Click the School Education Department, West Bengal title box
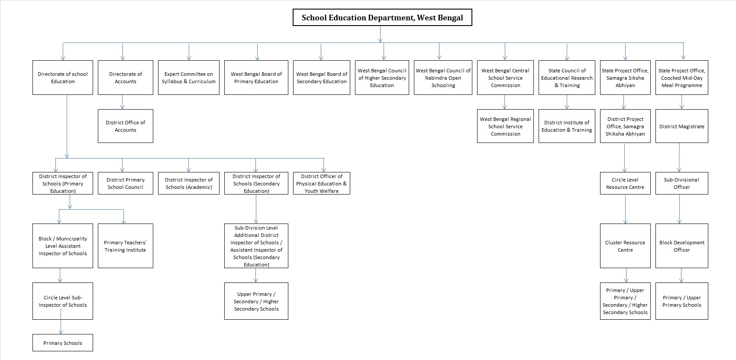[382, 18]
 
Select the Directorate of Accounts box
[125, 78]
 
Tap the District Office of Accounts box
[125, 126]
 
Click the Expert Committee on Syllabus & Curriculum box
[189, 78]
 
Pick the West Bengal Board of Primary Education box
[256, 78]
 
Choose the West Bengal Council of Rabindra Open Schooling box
[443, 78]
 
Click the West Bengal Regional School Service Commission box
[505, 126]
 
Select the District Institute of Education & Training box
[567, 126]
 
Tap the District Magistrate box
[681, 126]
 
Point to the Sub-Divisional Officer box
[681, 183]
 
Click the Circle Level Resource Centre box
[625, 183]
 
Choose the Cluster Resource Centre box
[625, 246]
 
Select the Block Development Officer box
[681, 246]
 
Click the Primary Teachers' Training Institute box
[125, 246]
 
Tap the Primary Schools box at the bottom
[63, 343]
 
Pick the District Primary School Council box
[125, 183]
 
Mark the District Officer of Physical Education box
[321, 183]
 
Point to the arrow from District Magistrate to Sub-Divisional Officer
[679, 158]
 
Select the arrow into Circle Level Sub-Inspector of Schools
[60, 276]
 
